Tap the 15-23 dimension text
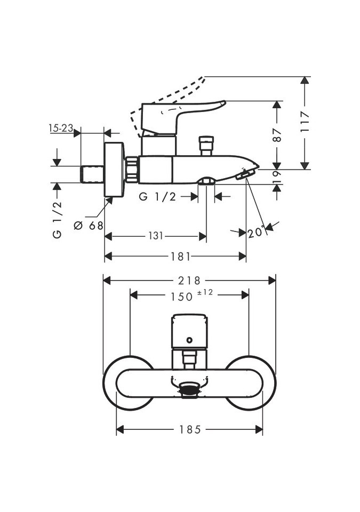pos(60,128)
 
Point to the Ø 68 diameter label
pos(89,226)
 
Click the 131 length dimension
pos(155,236)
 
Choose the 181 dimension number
pos(181,257)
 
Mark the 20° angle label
pos(256,232)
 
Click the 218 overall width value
pos(189,280)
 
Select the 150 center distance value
pos(181,297)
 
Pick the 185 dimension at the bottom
pos(189,429)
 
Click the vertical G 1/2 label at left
pos(58,219)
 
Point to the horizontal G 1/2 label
pos(157,197)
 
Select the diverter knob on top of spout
pos(206,146)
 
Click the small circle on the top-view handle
pos(189,340)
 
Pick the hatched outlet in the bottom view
pos(189,390)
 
